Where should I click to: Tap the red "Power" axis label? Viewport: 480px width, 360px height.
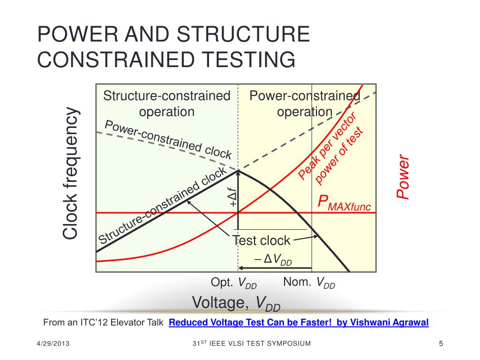coord(403,178)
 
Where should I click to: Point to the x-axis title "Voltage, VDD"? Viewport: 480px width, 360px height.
coord(236,304)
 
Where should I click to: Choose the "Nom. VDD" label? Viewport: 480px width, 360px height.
coord(309,283)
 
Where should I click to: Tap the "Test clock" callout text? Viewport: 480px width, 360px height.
coord(262,240)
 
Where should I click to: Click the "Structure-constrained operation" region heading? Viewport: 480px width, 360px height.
coord(167,104)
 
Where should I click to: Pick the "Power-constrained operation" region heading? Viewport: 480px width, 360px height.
coord(305,104)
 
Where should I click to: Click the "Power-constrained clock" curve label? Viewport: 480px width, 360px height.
coord(168,139)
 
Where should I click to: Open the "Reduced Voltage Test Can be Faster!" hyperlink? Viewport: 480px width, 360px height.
coord(298,322)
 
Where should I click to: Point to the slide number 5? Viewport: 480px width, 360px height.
coord(441,345)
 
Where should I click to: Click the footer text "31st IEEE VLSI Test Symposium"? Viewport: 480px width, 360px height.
coord(252,344)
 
